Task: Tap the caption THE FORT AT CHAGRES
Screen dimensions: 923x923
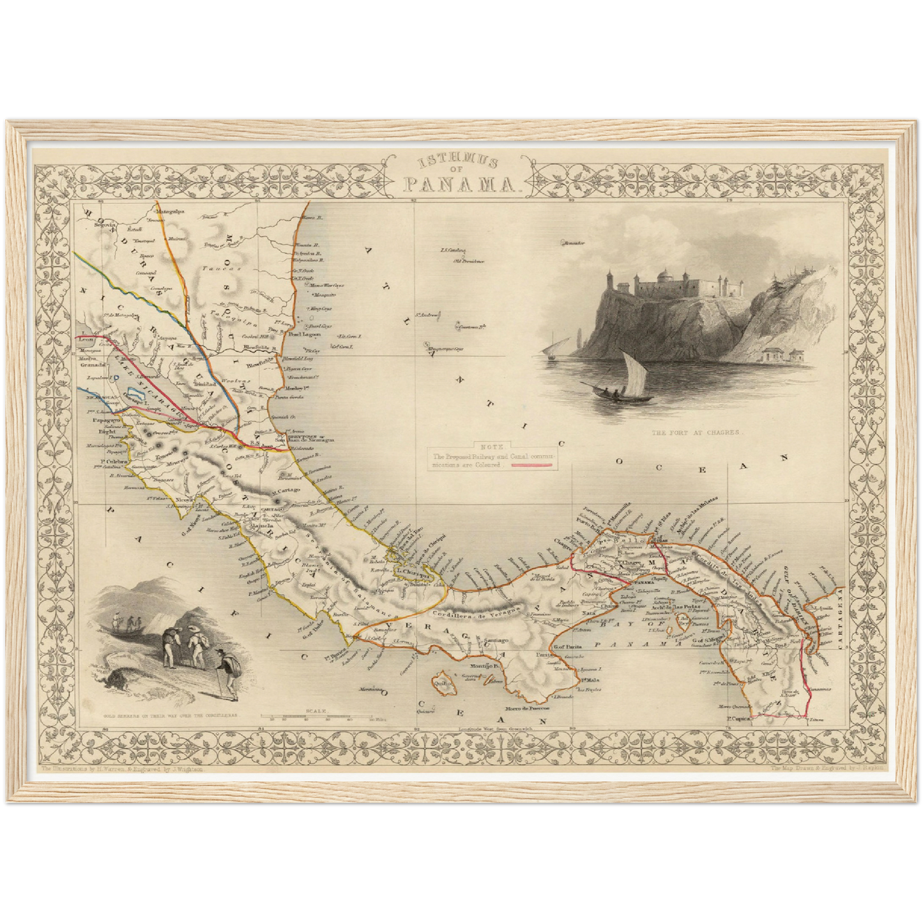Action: pos(698,432)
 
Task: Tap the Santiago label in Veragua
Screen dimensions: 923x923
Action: pos(497,640)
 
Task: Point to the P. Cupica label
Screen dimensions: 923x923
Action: pos(738,719)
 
